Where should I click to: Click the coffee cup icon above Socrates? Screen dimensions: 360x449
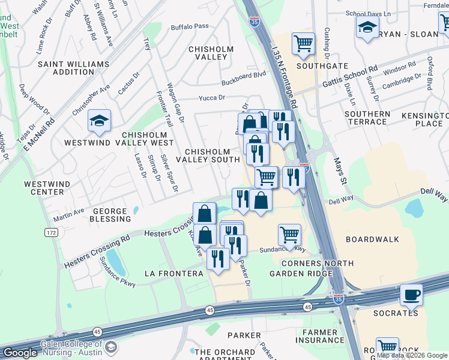[411, 295]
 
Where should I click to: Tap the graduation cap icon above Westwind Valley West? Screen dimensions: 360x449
[99, 121]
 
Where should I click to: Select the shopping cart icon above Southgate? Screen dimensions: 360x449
[303, 43]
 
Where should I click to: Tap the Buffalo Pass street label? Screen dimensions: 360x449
[189, 26]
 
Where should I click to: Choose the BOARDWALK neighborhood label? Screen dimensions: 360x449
[372, 239]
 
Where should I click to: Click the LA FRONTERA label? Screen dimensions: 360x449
[174, 274]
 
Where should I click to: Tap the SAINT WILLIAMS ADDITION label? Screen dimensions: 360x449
[73, 68]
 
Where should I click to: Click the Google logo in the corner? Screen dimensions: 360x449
[19, 353]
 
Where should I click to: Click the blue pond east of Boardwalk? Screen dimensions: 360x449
[414, 208]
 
